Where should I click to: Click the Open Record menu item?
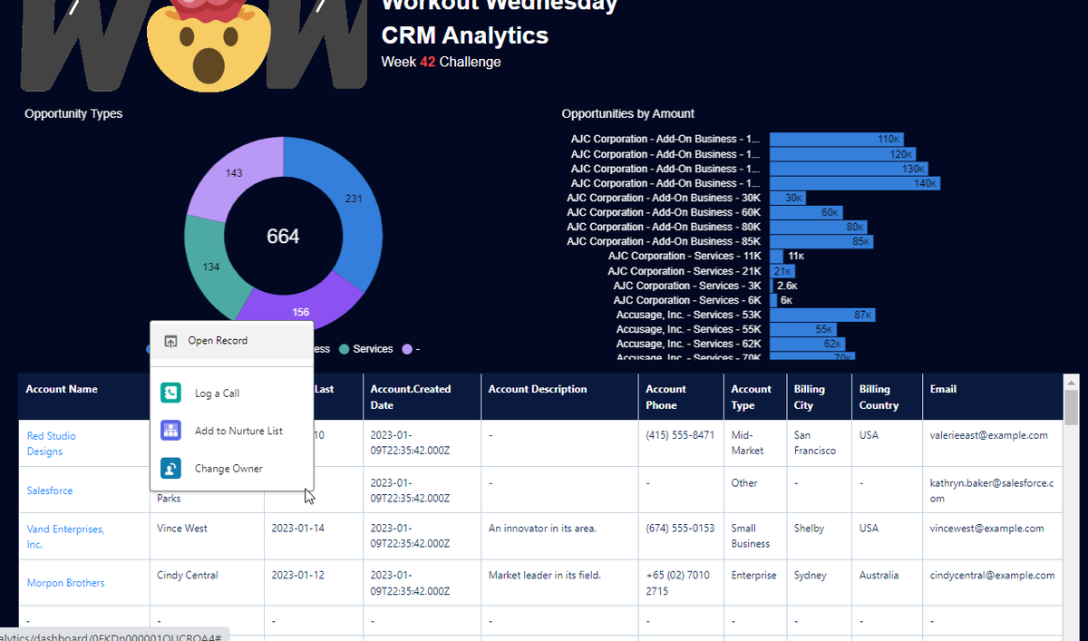(x=218, y=341)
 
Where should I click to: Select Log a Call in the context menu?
(x=217, y=393)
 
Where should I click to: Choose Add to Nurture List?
(x=238, y=431)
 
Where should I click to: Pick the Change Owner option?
(x=228, y=469)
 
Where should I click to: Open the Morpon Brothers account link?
(x=65, y=583)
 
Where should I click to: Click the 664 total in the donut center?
(x=283, y=237)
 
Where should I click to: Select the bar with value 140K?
(x=854, y=183)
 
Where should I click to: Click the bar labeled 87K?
(x=821, y=315)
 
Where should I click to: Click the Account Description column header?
(x=538, y=389)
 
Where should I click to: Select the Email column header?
(x=944, y=389)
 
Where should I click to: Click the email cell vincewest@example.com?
(x=986, y=528)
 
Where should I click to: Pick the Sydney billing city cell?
(x=810, y=575)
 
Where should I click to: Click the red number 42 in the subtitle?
(x=428, y=62)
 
